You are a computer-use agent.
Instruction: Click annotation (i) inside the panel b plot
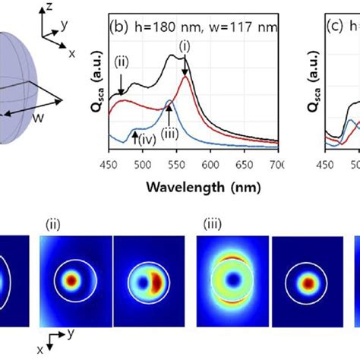183,47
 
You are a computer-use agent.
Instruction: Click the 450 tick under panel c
326,165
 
